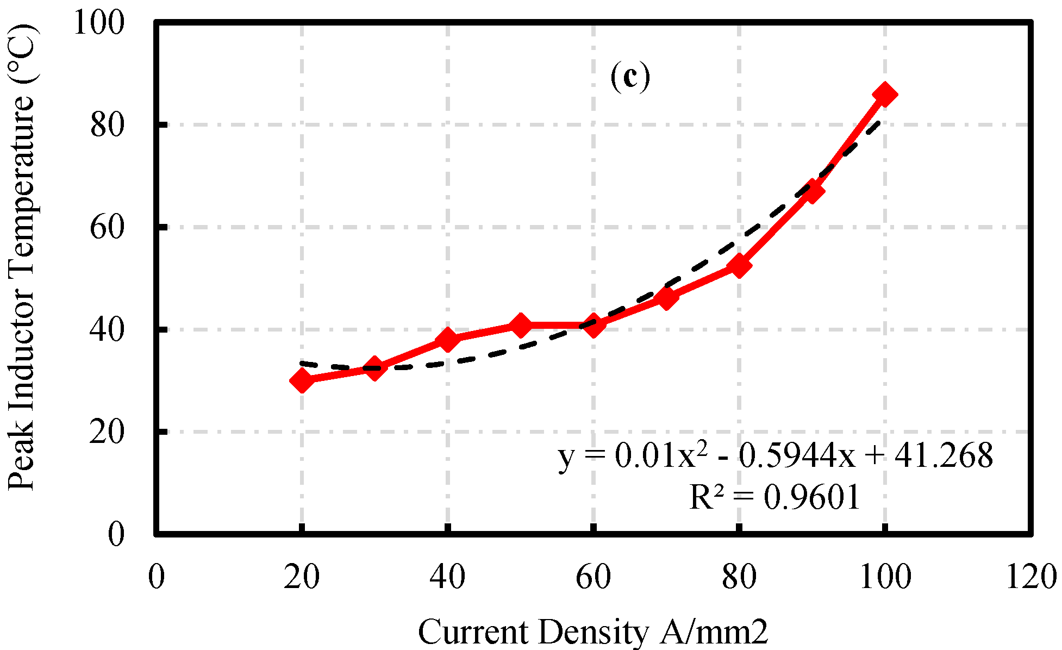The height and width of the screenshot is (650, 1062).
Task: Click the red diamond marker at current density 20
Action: pyautogui.click(x=302, y=380)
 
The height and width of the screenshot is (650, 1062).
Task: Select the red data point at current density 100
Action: pyautogui.click(x=884, y=95)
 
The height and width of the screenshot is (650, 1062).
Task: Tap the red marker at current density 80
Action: pyautogui.click(x=739, y=266)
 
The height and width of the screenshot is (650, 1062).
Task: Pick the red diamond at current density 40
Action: pyautogui.click(x=447, y=340)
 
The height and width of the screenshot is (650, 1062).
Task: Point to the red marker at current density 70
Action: pyautogui.click(x=666, y=297)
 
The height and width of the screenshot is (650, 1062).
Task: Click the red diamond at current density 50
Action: pyautogui.click(x=520, y=325)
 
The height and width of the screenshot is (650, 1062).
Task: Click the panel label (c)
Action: pyautogui.click(x=630, y=77)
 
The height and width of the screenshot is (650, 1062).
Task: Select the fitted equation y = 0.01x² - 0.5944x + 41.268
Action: pyautogui.click(x=776, y=455)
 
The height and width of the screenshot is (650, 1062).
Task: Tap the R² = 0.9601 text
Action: pyautogui.click(x=774, y=497)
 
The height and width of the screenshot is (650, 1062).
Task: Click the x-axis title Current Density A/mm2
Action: pyautogui.click(x=593, y=632)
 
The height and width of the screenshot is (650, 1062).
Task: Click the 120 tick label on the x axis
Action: pyautogui.click(x=1031, y=577)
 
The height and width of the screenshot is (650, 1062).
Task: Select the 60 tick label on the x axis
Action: pyautogui.click(x=593, y=577)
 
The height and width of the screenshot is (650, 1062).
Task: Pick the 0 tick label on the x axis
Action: pyautogui.click(x=157, y=577)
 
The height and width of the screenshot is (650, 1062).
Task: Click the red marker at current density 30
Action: pyautogui.click(x=374, y=368)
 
